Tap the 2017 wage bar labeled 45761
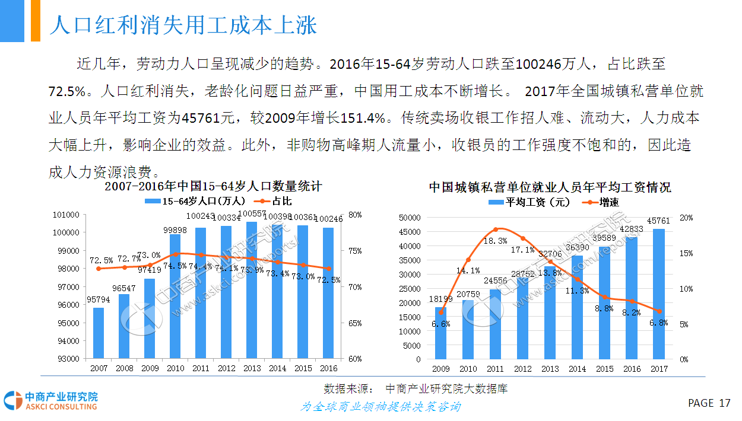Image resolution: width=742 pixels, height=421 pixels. click(659, 294)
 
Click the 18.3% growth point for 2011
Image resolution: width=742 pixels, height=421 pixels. click(496, 229)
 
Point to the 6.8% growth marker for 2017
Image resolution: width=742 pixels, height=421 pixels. click(659, 311)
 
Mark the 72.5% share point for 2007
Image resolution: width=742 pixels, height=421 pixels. click(99, 269)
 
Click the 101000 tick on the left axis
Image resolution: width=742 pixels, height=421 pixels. click(66, 215)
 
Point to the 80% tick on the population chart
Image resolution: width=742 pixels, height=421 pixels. click(354, 215)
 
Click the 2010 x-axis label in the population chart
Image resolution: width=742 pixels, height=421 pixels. click(175, 369)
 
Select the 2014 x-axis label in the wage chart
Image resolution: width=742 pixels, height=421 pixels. click(578, 369)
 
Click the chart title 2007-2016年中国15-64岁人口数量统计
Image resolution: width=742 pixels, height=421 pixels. click(213, 187)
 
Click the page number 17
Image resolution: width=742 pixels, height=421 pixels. click(724, 403)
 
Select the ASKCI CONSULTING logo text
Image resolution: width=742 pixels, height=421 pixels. click(61, 407)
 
